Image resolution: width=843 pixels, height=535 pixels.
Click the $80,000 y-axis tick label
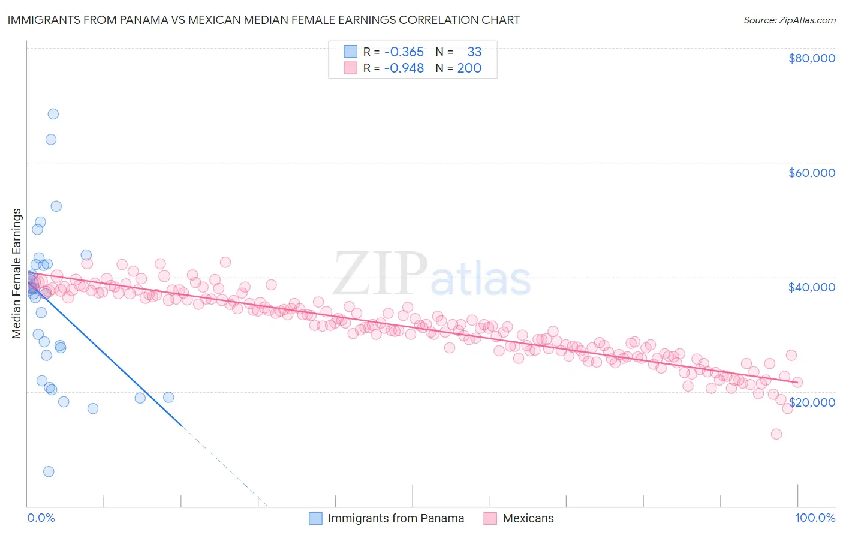[811, 58]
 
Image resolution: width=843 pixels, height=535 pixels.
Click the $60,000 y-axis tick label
[811, 173]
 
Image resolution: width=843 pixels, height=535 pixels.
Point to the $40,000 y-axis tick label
[811, 287]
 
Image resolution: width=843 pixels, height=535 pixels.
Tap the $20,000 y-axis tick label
[811, 402]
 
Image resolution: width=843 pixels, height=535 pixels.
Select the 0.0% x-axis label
[41, 518]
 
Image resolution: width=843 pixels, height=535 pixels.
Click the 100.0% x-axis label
[815, 518]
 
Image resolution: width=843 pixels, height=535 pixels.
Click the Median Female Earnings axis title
[17, 273]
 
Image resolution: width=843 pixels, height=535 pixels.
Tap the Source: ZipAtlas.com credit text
[789, 20]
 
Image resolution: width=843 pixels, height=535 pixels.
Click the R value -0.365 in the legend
[404, 52]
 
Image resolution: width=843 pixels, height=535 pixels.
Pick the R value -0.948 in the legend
[404, 68]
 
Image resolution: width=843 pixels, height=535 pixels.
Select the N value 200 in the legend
[469, 68]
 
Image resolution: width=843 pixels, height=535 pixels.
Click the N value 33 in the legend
[474, 52]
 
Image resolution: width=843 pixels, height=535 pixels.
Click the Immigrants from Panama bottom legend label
[396, 518]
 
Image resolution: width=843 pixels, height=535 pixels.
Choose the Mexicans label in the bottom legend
[528, 518]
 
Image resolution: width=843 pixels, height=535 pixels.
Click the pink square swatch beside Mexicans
[490, 518]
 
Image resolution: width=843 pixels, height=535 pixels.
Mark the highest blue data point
[53, 114]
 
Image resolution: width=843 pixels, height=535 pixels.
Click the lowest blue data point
[49, 471]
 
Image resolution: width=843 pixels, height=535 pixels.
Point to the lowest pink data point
[776, 434]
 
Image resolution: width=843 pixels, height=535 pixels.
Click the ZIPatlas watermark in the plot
[432, 275]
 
